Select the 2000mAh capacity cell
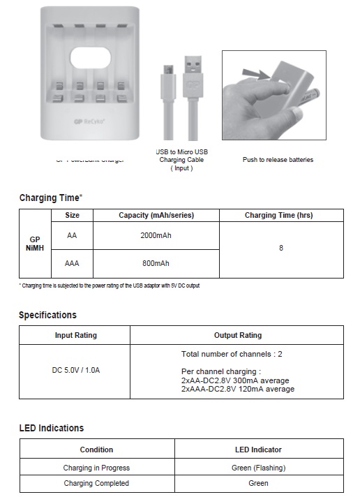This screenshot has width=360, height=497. (x=156, y=236)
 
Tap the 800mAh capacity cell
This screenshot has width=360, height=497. (x=156, y=263)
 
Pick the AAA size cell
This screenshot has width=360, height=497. (x=72, y=263)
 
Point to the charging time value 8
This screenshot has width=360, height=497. (x=281, y=248)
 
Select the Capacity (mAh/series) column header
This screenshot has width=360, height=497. (x=156, y=216)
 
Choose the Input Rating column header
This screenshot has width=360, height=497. (x=75, y=335)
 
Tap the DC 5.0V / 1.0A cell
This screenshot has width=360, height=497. (x=75, y=370)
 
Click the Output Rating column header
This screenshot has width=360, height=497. (x=237, y=335)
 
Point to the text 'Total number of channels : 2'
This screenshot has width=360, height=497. (x=232, y=354)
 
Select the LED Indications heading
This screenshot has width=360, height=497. (x=51, y=428)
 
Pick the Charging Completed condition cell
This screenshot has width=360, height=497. (x=96, y=483)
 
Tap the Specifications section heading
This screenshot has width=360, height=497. (x=47, y=315)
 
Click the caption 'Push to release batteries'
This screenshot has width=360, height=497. (x=278, y=160)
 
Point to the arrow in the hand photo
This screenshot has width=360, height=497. (x=254, y=72)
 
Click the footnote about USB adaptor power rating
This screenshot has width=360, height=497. (x=110, y=285)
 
